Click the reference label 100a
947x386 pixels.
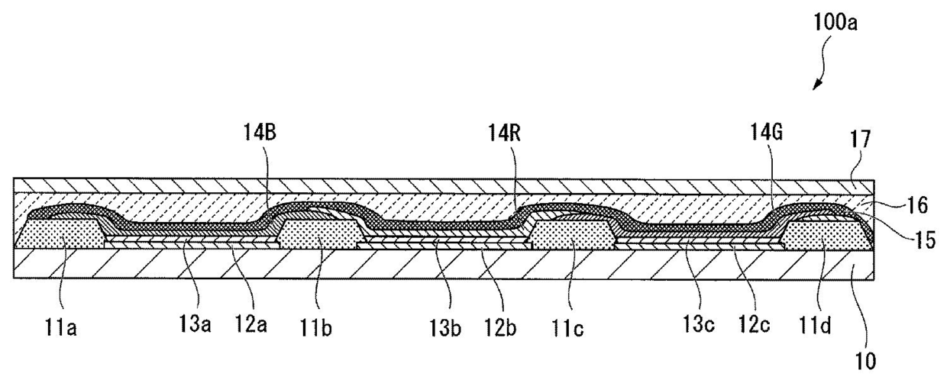(835, 23)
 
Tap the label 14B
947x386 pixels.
(260, 133)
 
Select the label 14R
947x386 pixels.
(504, 133)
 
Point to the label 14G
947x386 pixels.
(767, 132)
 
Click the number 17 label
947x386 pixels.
(860, 139)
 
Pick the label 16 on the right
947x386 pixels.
(916, 205)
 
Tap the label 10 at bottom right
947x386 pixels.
(865, 362)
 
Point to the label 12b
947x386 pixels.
(500, 327)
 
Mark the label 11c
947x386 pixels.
(567, 328)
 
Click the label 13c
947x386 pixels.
(699, 324)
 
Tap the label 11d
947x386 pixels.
(815, 325)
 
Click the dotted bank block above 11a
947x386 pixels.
(60, 233)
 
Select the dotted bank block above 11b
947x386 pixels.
(319, 233)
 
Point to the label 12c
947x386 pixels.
(755, 324)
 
